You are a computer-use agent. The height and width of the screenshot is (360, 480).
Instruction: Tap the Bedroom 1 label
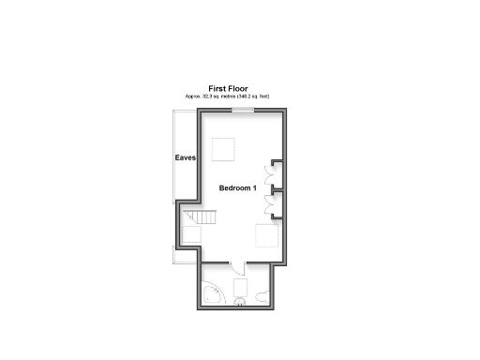(x=238, y=188)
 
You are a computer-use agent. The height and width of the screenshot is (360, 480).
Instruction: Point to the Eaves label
(x=185, y=158)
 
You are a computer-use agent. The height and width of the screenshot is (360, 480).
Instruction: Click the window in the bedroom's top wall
(x=244, y=110)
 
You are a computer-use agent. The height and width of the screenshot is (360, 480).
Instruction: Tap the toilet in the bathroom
(x=262, y=297)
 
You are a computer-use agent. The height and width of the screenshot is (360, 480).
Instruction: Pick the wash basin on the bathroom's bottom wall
(x=239, y=301)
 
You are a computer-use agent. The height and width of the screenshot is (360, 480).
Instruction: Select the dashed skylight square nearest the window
(x=223, y=149)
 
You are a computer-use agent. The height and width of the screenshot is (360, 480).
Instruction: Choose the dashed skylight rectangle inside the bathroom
(x=240, y=285)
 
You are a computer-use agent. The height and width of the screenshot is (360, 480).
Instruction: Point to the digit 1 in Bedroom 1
(x=254, y=188)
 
